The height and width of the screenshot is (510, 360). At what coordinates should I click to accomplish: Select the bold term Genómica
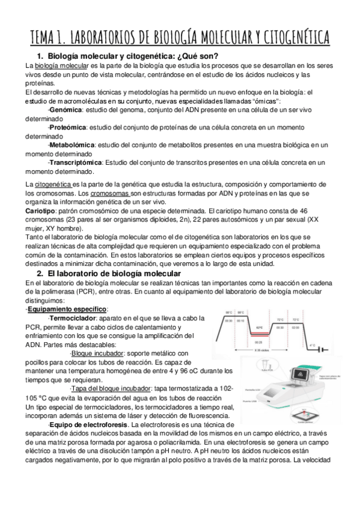(65, 111)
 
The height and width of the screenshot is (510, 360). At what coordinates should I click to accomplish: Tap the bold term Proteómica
(67, 127)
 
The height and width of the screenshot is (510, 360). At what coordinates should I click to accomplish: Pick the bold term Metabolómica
(72, 145)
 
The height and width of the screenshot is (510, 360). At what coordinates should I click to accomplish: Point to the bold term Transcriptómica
(76, 162)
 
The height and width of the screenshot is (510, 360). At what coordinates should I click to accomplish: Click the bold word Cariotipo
(38, 211)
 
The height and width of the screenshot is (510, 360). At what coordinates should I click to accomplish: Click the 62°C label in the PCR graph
(260, 328)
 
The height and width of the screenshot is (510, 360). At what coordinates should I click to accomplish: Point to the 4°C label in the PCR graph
(311, 345)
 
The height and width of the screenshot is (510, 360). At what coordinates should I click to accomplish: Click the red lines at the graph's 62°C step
(260, 333)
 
